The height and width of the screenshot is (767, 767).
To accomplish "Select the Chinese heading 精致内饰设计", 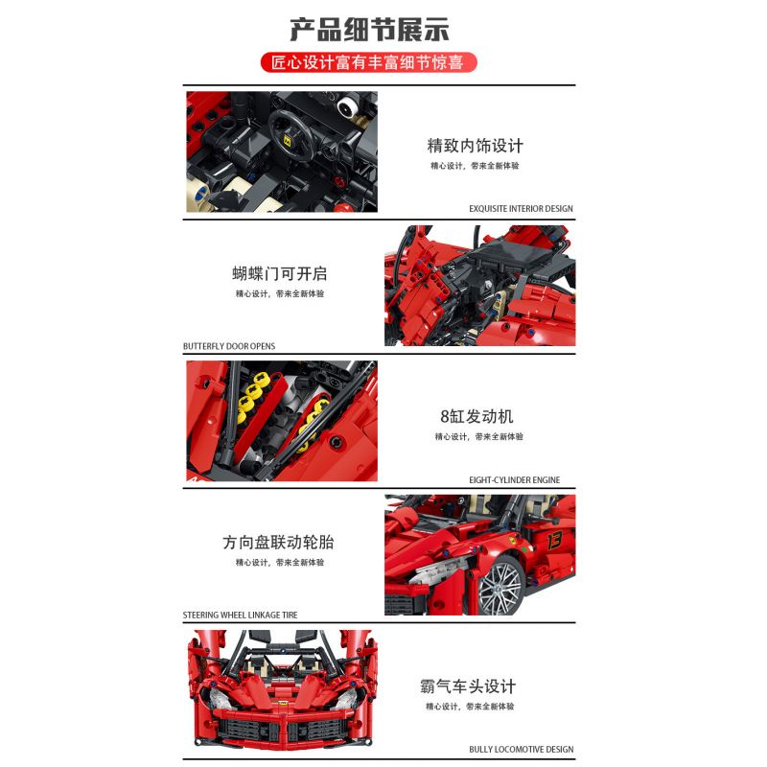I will (476, 146).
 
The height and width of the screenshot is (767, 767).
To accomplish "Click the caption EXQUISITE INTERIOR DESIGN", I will (521, 208).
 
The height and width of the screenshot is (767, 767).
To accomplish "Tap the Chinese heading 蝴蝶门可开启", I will (279, 274).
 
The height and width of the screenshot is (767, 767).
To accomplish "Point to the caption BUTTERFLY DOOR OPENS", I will (229, 346).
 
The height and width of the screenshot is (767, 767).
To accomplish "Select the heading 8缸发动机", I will (476, 416).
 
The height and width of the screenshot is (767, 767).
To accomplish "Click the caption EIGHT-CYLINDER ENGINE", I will (515, 480).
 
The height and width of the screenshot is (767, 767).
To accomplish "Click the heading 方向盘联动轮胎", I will (279, 543).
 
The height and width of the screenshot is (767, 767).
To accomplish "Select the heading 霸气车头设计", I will (468, 686).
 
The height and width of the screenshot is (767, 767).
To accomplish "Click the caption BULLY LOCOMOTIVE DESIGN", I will (521, 750).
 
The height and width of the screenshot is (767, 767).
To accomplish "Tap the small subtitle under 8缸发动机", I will (477, 437).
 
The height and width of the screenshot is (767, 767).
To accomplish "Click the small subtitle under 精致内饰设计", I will (476, 166).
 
